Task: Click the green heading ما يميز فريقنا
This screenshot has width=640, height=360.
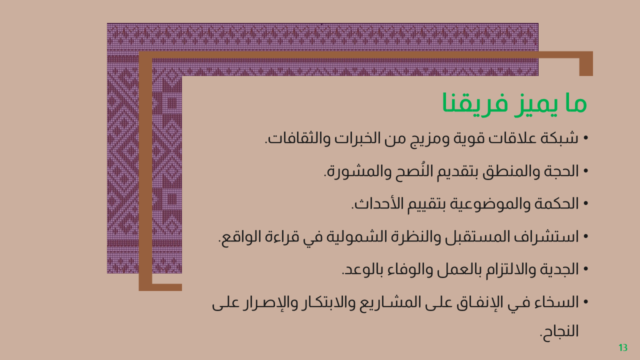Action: click(514, 103)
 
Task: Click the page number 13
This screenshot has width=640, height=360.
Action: click(623, 347)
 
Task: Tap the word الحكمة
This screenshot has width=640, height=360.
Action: click(556, 203)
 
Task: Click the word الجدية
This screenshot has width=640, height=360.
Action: click(558, 269)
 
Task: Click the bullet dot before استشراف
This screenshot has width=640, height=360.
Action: click(586, 236)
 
